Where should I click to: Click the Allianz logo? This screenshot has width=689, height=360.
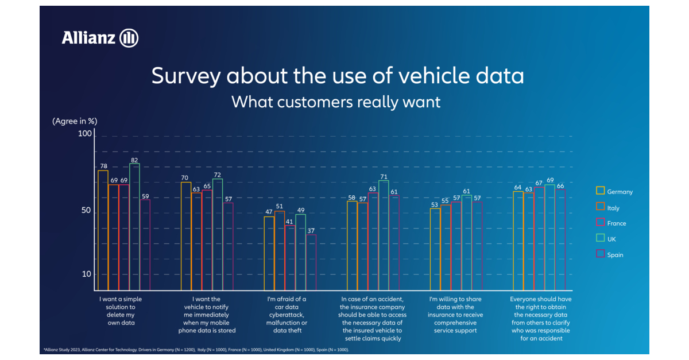point(100,38)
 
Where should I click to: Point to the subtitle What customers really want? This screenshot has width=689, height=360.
point(336,102)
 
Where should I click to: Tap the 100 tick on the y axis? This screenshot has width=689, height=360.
point(85,133)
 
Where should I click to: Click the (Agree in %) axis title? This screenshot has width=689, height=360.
point(75,121)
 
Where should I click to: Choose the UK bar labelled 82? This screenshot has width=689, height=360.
point(134,227)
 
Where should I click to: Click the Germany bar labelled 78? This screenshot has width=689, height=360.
point(103,230)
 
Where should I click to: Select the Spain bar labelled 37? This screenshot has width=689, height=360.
point(311,262)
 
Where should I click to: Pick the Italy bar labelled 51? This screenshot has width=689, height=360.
point(280,250)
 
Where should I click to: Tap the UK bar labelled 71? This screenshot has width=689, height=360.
point(384,235)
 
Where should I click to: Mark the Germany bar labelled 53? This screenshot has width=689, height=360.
point(435,249)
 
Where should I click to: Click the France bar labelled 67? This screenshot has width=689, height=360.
point(539,238)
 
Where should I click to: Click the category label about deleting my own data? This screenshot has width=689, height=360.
point(121,311)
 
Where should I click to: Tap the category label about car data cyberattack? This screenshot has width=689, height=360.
point(287,315)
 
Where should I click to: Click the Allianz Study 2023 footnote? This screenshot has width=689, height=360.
point(196,349)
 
